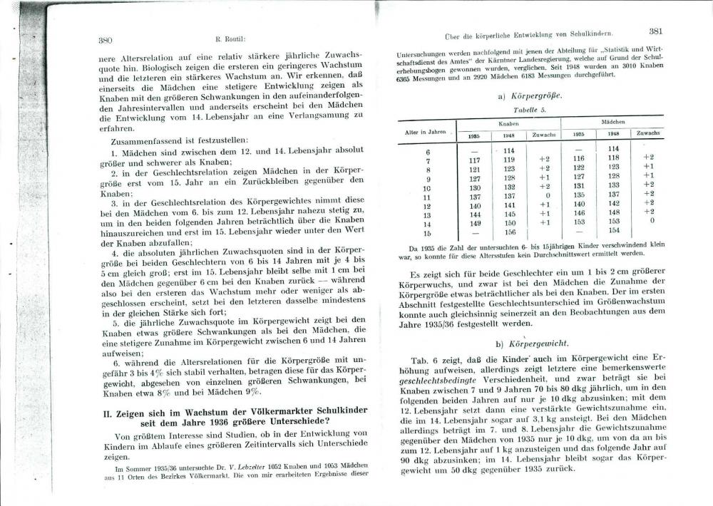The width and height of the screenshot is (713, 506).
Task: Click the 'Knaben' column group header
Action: [507, 123]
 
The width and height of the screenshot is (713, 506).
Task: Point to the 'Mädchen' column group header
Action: [612, 123]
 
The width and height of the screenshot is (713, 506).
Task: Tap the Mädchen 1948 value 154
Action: [613, 231]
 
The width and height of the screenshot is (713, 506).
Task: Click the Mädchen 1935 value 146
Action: [579, 212]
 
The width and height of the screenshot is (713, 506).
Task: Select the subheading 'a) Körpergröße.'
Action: [533, 95]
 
